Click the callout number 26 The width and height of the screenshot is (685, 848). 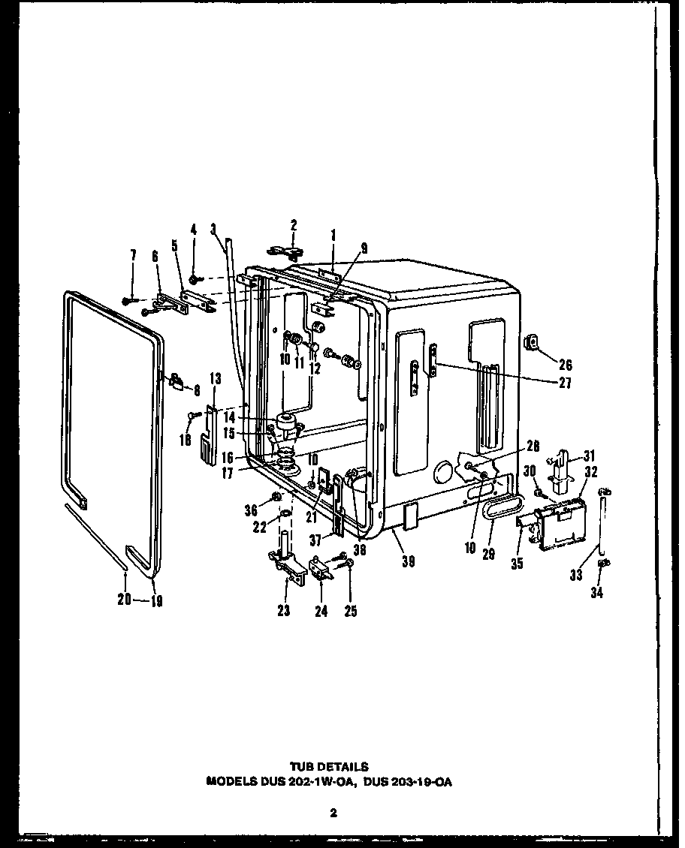coord(565,365)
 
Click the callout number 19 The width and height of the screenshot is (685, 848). coord(156,600)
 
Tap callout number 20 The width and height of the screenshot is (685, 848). coord(124,599)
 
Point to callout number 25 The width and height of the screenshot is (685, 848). coord(349,611)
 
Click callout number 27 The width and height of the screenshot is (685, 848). coord(565,383)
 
